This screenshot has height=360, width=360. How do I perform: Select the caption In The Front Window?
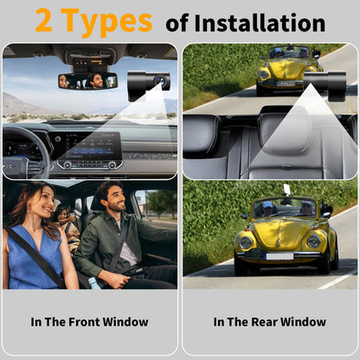[x=89, y=322]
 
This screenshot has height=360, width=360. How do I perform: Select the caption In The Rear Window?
[x=269, y=322]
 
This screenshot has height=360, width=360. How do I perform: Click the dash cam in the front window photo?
[x=149, y=84]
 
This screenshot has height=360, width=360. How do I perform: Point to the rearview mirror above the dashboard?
[x=87, y=80]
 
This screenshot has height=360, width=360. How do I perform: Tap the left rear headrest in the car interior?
[x=204, y=134]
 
